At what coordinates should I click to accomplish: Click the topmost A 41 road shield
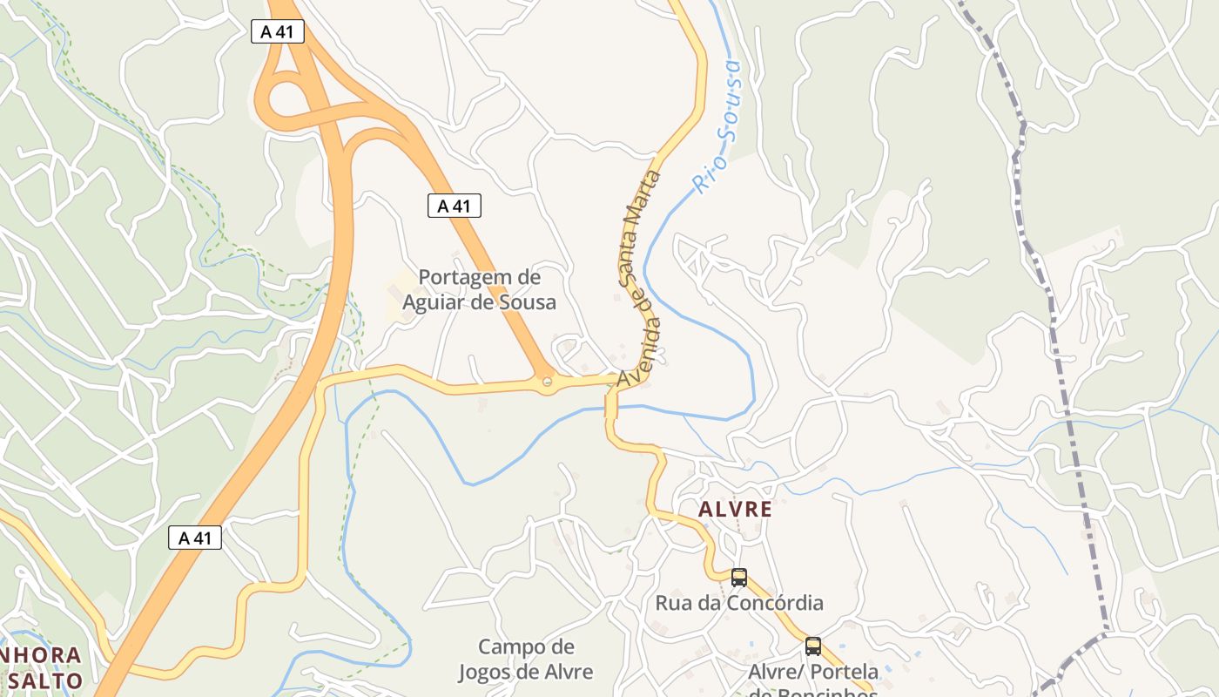pyautogui.click(x=278, y=32)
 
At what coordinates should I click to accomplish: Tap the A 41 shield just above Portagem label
pyautogui.click(x=454, y=206)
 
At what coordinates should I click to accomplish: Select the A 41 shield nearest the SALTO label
pyautogui.click(x=195, y=538)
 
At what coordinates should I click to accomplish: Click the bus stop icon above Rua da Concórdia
pyautogui.click(x=739, y=577)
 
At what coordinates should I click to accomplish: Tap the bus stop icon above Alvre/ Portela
pyautogui.click(x=812, y=646)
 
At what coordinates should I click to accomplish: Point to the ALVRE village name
pyautogui.click(x=736, y=509)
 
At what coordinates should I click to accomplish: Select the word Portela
pyautogui.click(x=845, y=672)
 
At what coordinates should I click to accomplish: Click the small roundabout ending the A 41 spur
pyautogui.click(x=547, y=382)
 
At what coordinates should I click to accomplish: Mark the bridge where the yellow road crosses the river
pyautogui.click(x=611, y=406)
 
